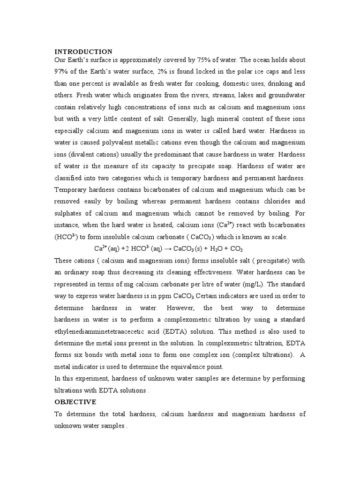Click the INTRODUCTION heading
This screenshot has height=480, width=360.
point(83,52)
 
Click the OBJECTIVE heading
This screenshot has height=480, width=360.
point(75,402)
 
